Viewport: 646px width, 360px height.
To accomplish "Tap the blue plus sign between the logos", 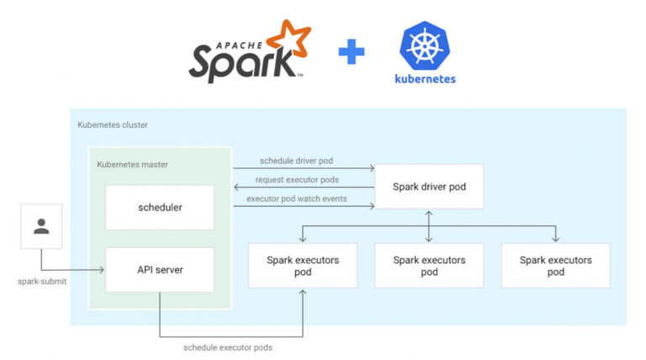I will [352, 54].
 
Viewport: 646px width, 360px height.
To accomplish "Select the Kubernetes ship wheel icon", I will [425, 46].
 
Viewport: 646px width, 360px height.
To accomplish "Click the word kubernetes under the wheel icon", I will [425, 80].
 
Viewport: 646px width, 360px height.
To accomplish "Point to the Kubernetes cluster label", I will [112, 124].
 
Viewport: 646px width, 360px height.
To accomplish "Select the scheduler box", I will [160, 206].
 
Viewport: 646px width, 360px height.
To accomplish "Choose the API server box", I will [160, 270].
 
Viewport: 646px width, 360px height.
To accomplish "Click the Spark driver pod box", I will [429, 186].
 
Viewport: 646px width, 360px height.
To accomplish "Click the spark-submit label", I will [42, 281].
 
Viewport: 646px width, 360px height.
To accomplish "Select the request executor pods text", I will [298, 179].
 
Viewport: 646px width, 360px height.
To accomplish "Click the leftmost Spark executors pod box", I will [303, 266].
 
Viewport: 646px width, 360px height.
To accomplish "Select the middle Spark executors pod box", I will [429, 266].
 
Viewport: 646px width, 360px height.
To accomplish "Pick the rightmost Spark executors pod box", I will [555, 266].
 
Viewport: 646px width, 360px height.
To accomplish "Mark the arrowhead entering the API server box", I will [102, 270].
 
